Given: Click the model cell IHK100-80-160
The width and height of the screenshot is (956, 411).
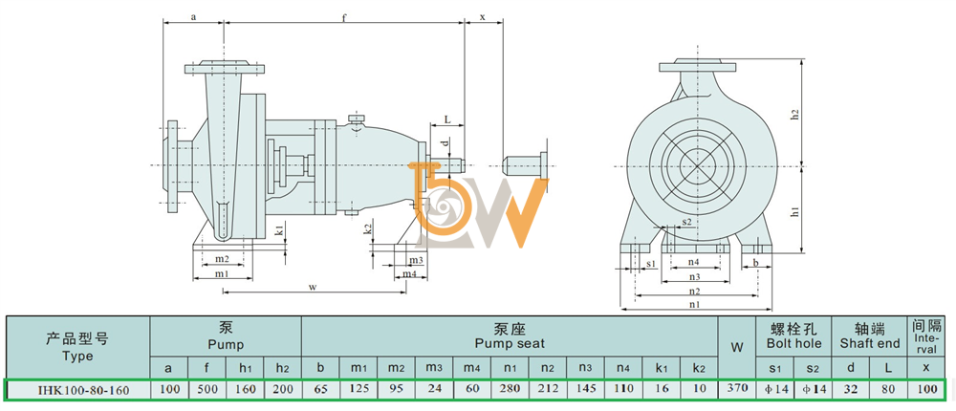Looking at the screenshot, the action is [x=76, y=390].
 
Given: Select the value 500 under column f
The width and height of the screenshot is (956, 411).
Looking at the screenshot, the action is [x=206, y=389].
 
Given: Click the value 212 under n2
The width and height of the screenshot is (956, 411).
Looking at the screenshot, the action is [x=548, y=389].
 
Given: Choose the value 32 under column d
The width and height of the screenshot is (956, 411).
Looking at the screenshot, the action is [x=851, y=389].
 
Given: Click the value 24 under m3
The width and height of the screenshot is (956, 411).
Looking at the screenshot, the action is [x=434, y=389].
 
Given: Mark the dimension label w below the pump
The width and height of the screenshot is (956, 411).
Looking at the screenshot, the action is [x=312, y=287].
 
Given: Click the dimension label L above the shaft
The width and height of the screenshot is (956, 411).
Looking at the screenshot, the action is [x=446, y=120].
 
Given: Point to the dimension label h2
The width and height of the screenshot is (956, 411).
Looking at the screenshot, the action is [x=795, y=114].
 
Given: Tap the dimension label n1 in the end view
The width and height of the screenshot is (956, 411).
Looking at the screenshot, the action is [x=695, y=303].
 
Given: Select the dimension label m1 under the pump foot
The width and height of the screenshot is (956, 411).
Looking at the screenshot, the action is [x=222, y=273].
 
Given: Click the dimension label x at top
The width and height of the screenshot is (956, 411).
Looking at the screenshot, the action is [x=483, y=17].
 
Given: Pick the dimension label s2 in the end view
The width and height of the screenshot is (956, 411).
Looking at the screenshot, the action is [x=686, y=221].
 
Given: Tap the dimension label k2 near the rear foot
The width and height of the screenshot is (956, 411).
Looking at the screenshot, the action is [x=368, y=229].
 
